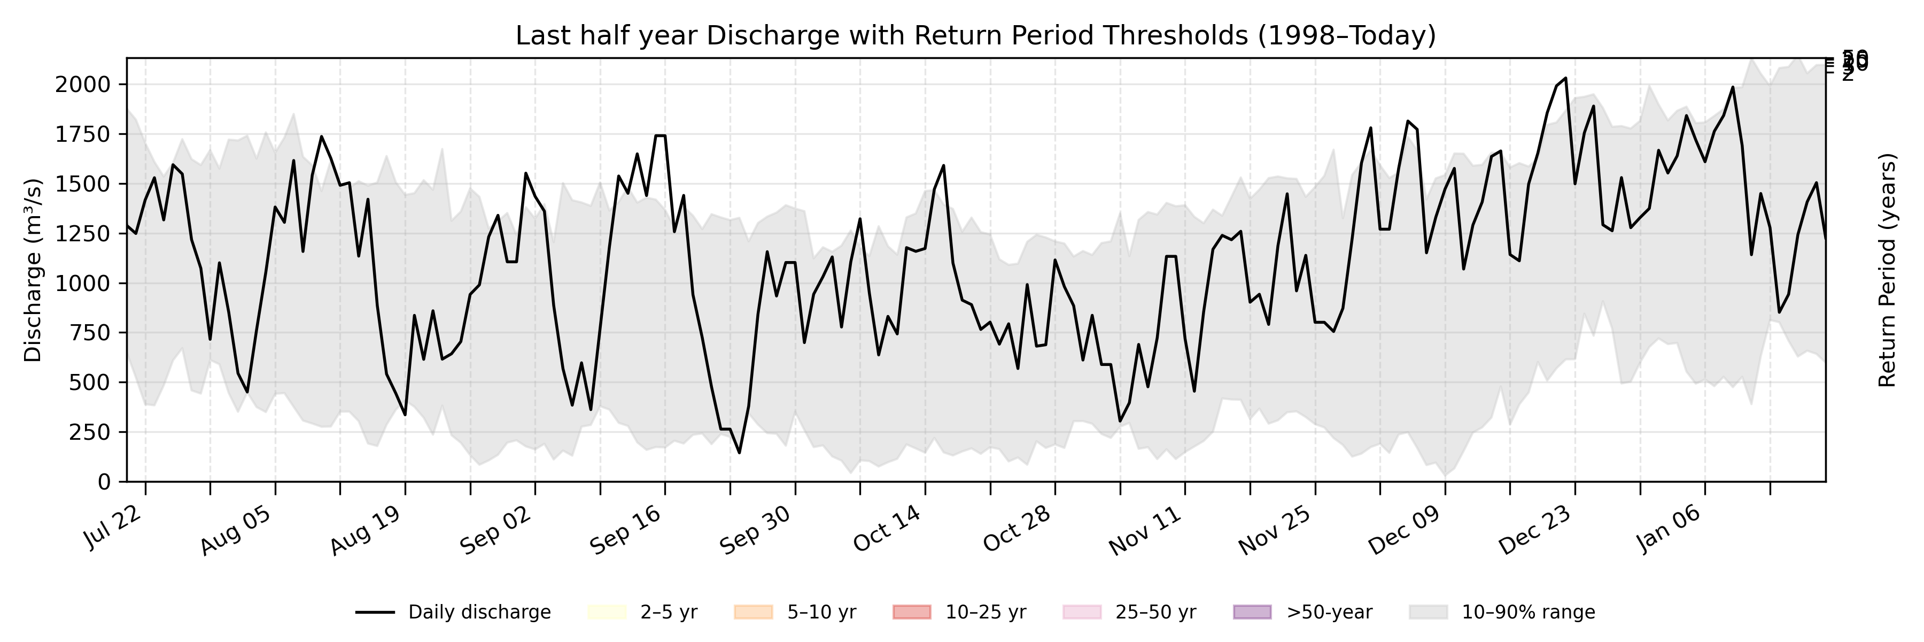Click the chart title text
click(x=975, y=36)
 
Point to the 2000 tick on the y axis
click(x=82, y=85)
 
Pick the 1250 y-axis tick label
click(x=82, y=233)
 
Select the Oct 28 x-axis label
click(x=1017, y=529)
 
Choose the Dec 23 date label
click(x=1535, y=529)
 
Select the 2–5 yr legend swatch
click(x=607, y=612)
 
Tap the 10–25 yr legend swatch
click(x=912, y=612)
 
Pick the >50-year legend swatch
click(x=1252, y=612)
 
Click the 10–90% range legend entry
click(x=1501, y=612)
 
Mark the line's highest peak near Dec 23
click(x=1565, y=78)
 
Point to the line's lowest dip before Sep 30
click(x=740, y=452)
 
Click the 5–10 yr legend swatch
click(x=753, y=612)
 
